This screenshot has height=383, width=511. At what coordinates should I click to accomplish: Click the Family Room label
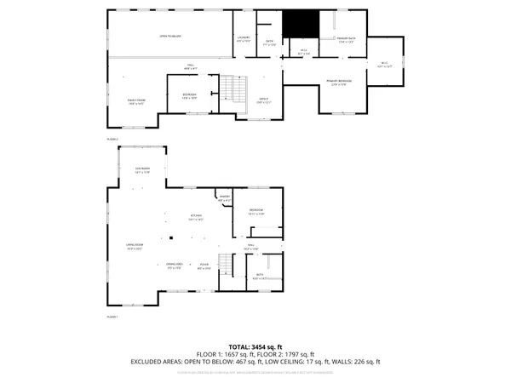(135, 100)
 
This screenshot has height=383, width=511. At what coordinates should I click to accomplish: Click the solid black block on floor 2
(299, 25)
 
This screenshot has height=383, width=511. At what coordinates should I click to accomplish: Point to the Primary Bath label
(346, 40)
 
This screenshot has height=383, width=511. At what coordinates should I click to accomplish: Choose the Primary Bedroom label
(340, 82)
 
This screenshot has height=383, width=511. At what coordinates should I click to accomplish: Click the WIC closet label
(384, 65)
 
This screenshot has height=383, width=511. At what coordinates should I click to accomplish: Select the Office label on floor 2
(264, 100)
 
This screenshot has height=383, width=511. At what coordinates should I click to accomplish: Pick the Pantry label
(225, 199)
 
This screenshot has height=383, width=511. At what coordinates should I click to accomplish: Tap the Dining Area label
(175, 266)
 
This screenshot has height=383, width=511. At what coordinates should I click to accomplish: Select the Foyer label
(204, 266)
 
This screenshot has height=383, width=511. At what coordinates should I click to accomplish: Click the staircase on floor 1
(226, 265)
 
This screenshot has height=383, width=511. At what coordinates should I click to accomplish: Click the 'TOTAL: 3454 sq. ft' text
(255, 346)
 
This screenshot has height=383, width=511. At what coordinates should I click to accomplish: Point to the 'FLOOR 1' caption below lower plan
(112, 316)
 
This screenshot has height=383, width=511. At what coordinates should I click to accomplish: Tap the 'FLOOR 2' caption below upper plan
(112, 138)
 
